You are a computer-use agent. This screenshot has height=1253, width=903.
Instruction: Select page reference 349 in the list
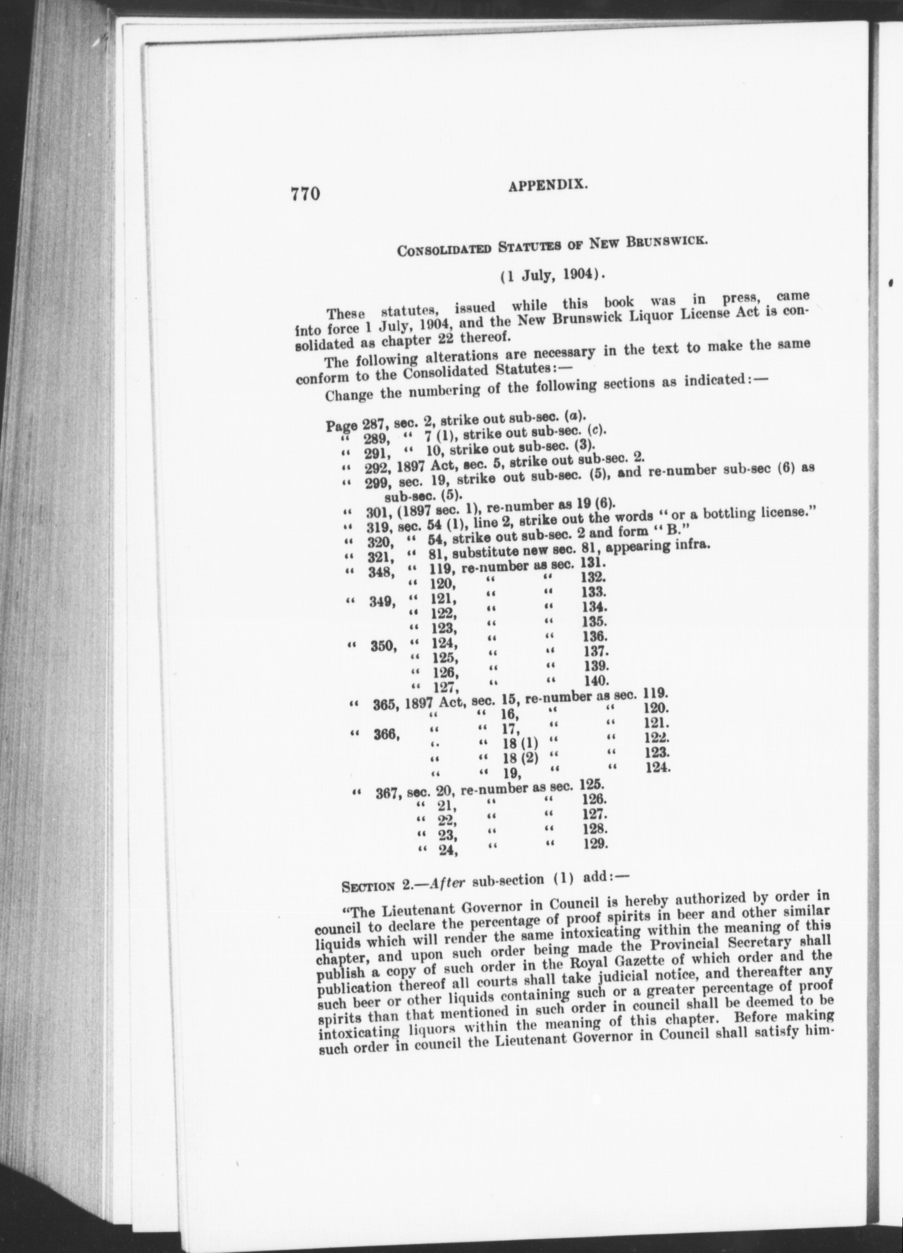click(382, 602)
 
